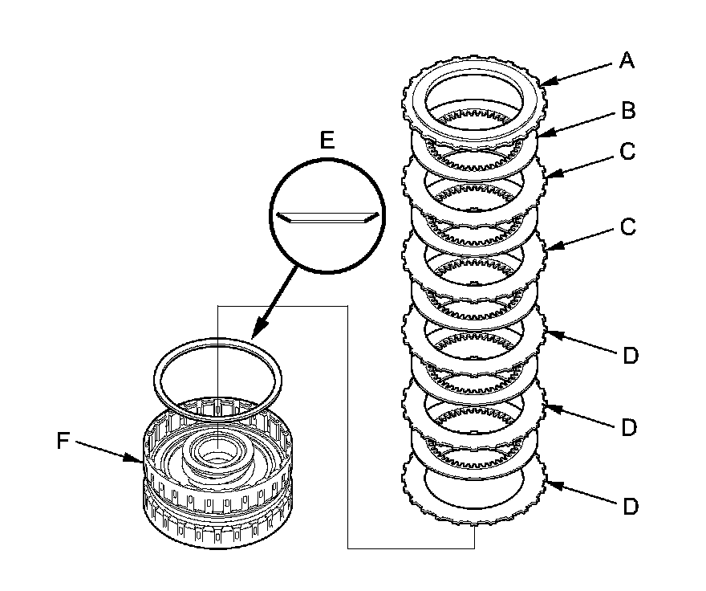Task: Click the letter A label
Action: coord(627,61)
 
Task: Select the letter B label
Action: coord(628,110)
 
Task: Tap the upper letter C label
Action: coord(628,151)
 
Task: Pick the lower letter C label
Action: coord(628,227)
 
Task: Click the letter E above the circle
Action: coord(326,141)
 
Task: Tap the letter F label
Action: coord(65,440)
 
